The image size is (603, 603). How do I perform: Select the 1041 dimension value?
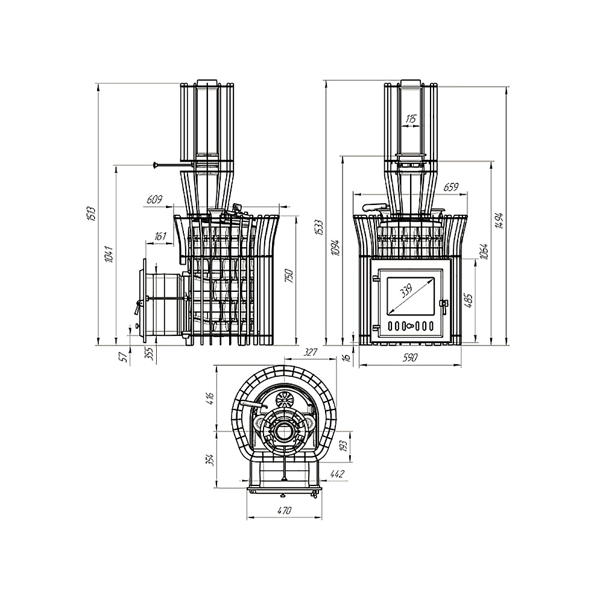(x=109, y=254)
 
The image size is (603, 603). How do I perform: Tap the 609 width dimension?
(x=154, y=199)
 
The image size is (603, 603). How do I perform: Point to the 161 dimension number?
(x=160, y=235)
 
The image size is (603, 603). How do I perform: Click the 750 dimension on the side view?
(x=289, y=276)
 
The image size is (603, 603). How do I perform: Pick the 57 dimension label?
(x=124, y=357)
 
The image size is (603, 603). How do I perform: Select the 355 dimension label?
(x=150, y=353)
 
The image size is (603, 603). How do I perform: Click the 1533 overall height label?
(x=320, y=228)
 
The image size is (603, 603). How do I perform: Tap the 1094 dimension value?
(x=336, y=248)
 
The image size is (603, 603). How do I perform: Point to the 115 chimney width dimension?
(x=411, y=118)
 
